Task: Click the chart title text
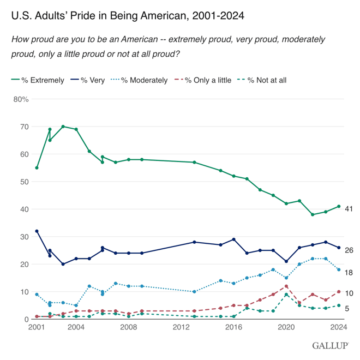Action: (128, 16)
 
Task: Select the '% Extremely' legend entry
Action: (38, 80)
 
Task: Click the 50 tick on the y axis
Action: (25, 182)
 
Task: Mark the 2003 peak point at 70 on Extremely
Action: (63, 127)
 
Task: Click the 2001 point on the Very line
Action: (37, 231)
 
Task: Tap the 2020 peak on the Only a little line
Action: (286, 286)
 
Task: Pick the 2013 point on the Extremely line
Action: (194, 162)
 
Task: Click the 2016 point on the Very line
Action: (234, 239)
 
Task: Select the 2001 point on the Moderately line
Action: (37, 295)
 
